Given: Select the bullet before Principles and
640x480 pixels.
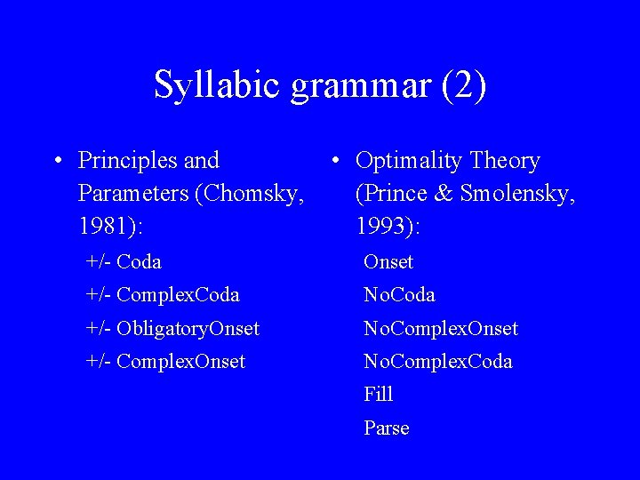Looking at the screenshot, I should tap(58, 161).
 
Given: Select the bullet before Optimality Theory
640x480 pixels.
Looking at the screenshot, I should tap(335, 161).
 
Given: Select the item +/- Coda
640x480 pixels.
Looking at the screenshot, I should tap(124, 262).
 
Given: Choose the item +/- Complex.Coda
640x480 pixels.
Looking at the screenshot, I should tap(163, 294).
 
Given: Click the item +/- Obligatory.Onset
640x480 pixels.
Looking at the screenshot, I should tap(172, 329).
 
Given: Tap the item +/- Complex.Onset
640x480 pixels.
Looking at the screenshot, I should tap(165, 362).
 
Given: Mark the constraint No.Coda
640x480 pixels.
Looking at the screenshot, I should tap(399, 294).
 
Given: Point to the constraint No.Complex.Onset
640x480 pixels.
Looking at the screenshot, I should tap(441, 329).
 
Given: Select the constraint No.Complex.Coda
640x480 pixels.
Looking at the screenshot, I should tap(438, 362).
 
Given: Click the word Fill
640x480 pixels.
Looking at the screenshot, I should tap(378, 394).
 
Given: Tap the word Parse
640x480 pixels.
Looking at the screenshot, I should tap(387, 428).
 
